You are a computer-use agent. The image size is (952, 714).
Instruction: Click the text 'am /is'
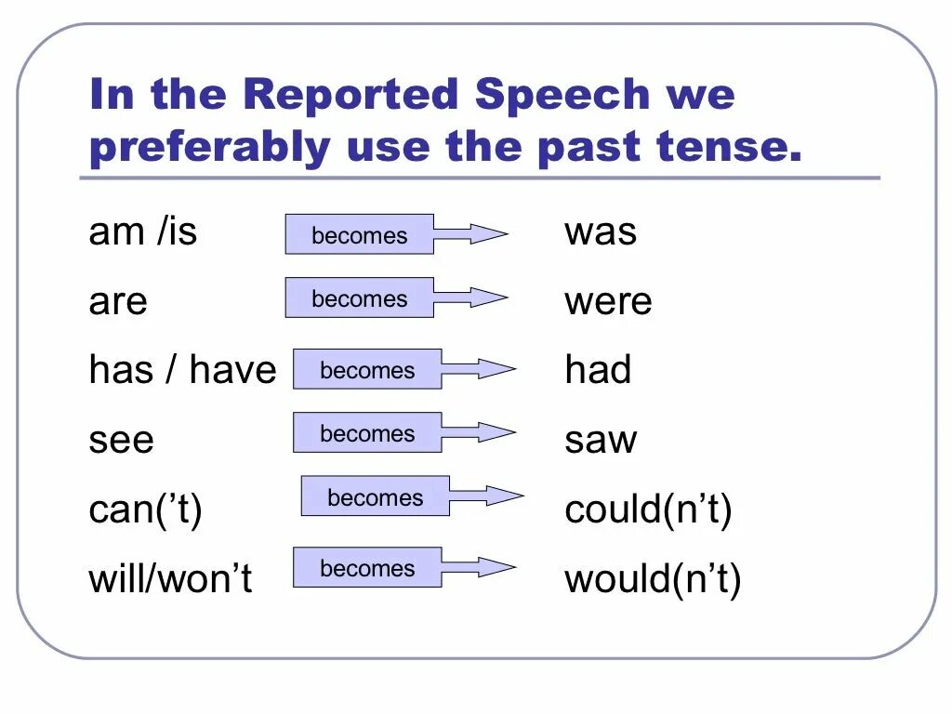[143, 231]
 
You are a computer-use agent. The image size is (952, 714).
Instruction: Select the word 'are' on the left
[118, 301]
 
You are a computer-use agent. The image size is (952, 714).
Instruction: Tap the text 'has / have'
[182, 370]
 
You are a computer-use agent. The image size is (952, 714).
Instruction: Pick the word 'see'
[121, 440]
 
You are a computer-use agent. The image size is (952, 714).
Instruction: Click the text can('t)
[145, 509]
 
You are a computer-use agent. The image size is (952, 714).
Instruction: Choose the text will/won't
[170, 579]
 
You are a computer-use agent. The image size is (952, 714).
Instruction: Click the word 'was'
[601, 231]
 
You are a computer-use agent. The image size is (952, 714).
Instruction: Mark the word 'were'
[608, 301]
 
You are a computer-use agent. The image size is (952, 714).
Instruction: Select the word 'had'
[598, 370]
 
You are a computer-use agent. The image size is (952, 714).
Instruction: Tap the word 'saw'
[601, 440]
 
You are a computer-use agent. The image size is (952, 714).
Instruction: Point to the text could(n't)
[648, 509]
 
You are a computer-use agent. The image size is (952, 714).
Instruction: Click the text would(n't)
[653, 579]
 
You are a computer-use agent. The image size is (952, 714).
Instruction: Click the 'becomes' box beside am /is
[359, 234]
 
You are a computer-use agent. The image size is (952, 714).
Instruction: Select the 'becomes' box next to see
[367, 432]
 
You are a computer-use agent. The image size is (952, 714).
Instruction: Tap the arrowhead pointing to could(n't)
[503, 496]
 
